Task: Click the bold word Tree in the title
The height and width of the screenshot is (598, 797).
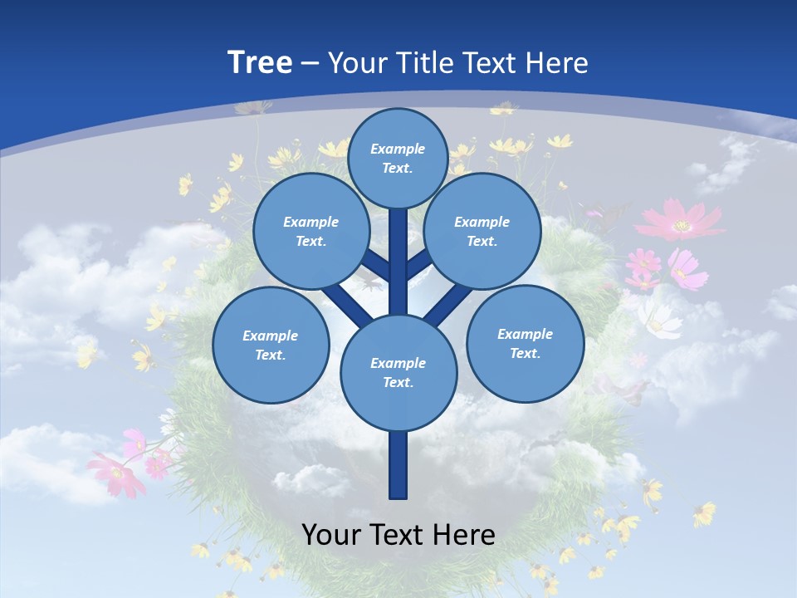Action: tap(260, 62)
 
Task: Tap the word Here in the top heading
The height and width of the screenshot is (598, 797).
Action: tap(557, 62)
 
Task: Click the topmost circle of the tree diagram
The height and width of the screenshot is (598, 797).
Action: tap(398, 158)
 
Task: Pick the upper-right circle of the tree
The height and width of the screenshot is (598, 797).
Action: tap(482, 231)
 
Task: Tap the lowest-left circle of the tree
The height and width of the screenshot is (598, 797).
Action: tap(270, 345)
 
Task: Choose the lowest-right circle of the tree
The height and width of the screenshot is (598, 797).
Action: tap(525, 343)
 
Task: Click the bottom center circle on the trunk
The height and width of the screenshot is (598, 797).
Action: tap(398, 372)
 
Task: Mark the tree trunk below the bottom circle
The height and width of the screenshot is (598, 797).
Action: tap(398, 465)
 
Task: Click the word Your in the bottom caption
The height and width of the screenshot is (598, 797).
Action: tap(331, 534)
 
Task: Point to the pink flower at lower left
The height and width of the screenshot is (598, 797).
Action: tap(116, 473)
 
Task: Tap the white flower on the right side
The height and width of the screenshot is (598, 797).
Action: tap(660, 320)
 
